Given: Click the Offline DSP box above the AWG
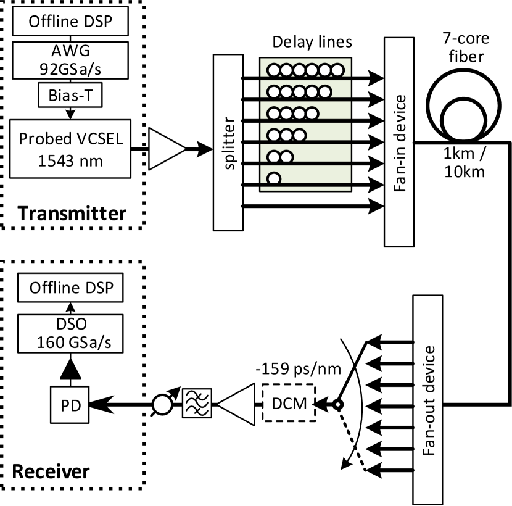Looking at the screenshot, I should coord(71,21).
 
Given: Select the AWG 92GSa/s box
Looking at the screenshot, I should coord(71,60).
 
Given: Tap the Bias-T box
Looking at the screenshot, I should coord(70,96).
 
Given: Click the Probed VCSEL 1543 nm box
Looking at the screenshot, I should coord(70,149).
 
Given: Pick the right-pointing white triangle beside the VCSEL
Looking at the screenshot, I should coord(165,149).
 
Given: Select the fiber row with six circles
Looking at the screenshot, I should coord(305,68).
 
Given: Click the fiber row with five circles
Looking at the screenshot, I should coord(305,91).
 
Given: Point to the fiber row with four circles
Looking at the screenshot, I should coord(305,113).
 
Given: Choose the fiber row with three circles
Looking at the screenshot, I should coord(305,134).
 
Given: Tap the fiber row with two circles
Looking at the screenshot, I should coord(305,155).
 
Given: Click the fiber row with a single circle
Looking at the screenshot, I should coord(305,176).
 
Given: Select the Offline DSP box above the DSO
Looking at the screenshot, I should coord(70,288).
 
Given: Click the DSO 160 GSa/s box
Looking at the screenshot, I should coord(70,334).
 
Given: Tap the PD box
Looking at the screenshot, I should coord(69,405).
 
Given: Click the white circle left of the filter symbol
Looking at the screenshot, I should coord(162,405).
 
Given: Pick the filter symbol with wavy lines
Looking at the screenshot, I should coord(197,403).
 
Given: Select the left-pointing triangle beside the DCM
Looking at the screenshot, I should coord(238,404).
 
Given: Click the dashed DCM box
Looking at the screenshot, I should coord(289,403).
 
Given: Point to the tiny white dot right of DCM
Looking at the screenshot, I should coord(337,405).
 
